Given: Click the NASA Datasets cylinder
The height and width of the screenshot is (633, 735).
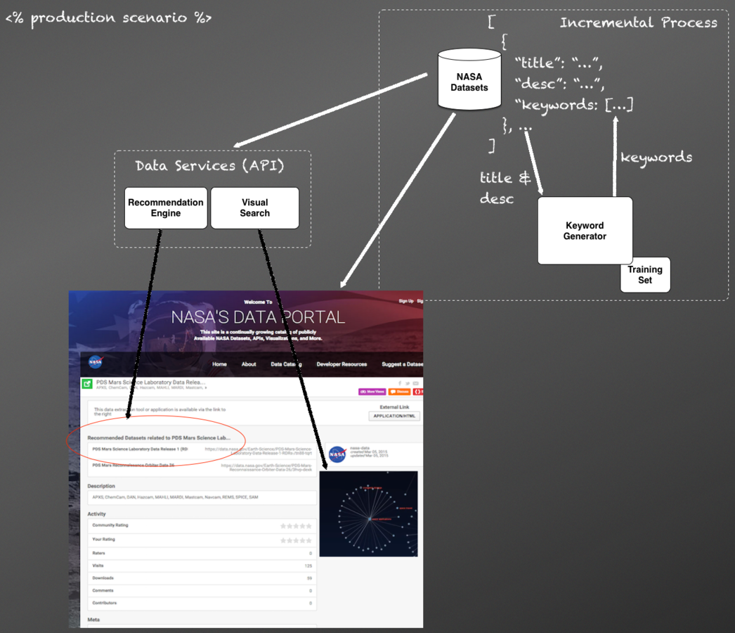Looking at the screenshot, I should (x=469, y=80).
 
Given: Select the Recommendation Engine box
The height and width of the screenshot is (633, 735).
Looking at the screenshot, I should (x=166, y=207).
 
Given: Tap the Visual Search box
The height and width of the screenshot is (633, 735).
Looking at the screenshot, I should (x=254, y=207).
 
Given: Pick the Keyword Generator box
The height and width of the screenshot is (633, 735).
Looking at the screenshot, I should (x=585, y=231).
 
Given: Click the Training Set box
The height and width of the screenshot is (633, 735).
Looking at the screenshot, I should (x=645, y=274).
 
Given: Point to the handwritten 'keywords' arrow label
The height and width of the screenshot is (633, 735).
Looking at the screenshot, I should (x=656, y=158).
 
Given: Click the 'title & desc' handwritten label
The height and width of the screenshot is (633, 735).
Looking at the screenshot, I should (x=505, y=188).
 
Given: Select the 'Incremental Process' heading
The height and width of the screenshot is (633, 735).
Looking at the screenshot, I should (x=638, y=23).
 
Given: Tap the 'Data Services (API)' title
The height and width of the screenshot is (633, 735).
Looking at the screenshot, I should (x=211, y=166).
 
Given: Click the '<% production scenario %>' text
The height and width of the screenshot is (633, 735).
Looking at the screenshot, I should (x=108, y=18).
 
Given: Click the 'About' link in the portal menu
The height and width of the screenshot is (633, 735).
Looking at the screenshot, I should (x=249, y=364).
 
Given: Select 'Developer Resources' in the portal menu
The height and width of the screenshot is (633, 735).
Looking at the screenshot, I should (x=342, y=364).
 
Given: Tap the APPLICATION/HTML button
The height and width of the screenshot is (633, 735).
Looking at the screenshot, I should (x=394, y=416).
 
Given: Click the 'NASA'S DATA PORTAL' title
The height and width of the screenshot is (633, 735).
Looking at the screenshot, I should (x=258, y=316).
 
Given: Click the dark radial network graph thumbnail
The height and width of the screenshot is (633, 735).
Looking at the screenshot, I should (x=368, y=514).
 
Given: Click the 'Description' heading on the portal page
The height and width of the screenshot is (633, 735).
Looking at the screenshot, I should (x=101, y=486).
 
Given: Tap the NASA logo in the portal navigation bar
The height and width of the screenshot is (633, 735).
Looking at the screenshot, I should (x=96, y=362).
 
